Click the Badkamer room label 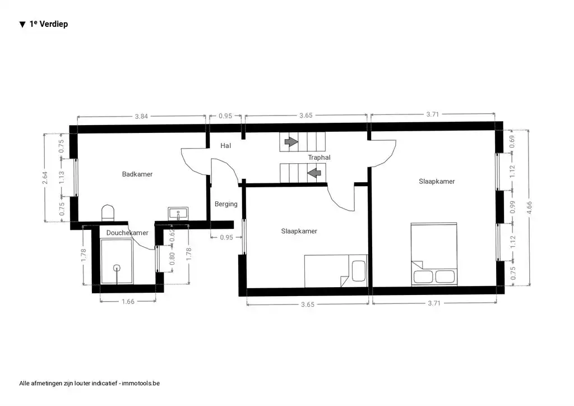tap(137, 174)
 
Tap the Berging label tap(226, 204)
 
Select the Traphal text tap(319, 158)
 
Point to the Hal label tap(226, 146)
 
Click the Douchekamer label tap(127, 233)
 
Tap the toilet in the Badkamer tap(108, 213)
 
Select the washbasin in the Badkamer tap(178, 213)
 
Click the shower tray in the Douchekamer tap(117, 261)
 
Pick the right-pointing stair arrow tap(291, 142)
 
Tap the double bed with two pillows tap(434, 255)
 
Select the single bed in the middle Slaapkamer tap(335, 271)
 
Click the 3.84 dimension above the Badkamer tap(141, 117)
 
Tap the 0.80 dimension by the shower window tap(172, 259)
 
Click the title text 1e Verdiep tap(48, 24)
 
